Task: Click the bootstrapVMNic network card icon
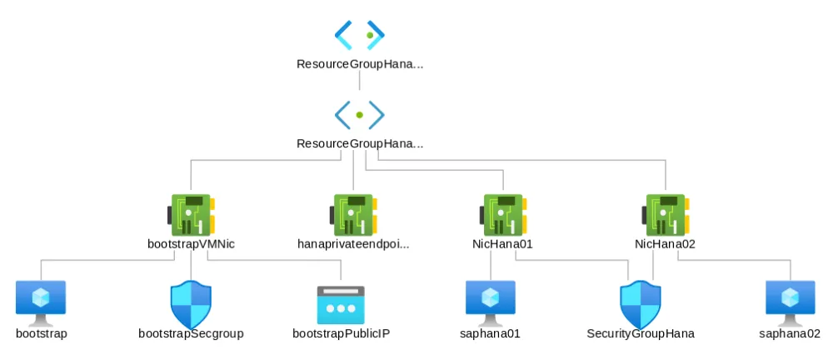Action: point(192,215)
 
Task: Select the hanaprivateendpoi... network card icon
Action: point(354,215)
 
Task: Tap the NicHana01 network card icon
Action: point(502,215)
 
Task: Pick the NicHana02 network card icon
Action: point(665,215)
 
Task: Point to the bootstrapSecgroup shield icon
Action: point(192,304)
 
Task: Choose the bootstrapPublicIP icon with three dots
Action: point(342,304)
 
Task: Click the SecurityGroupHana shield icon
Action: point(641,304)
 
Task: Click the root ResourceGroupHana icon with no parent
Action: point(360,34)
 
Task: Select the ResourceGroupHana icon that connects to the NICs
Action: point(360,113)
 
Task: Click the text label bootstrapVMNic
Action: point(192,244)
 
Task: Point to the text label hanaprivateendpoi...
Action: point(354,244)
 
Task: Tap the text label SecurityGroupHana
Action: point(641,334)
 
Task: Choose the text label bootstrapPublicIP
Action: point(342,334)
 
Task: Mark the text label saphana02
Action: point(791,334)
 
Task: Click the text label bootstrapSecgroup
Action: point(192,334)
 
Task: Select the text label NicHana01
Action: point(502,244)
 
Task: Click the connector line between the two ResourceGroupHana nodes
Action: point(360,80)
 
